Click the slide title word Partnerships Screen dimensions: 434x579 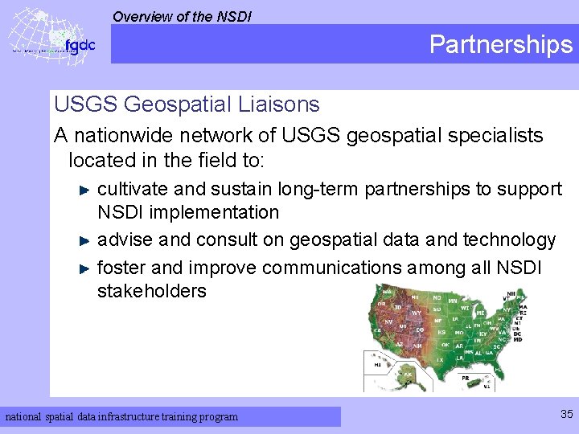click(500, 44)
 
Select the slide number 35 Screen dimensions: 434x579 click(566, 415)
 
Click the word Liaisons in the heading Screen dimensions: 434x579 click(280, 104)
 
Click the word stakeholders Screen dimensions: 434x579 click(151, 291)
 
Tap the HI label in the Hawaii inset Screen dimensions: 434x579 click(377, 364)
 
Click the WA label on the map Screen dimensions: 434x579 click(388, 292)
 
